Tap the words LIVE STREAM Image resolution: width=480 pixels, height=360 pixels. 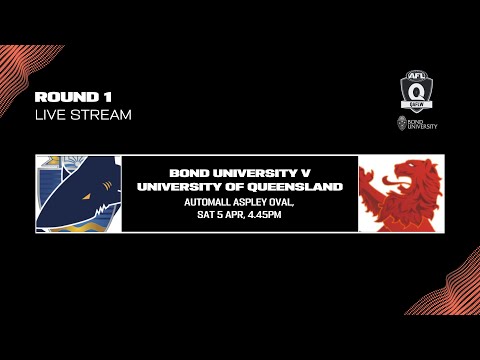[83, 115]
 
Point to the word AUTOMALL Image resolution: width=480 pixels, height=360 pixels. [208, 200]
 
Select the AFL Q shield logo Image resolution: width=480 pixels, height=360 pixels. [414, 91]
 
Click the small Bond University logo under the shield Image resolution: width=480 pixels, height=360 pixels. [414, 125]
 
